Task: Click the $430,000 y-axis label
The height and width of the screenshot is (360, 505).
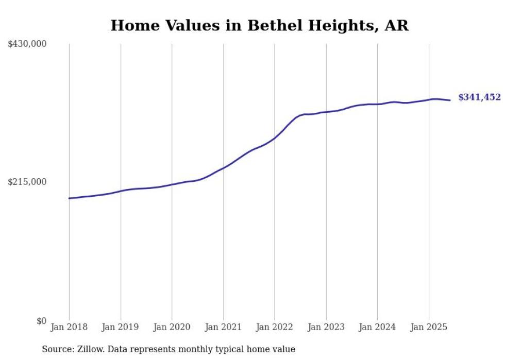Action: coord(27,44)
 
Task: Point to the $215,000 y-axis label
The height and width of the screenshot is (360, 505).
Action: coord(27,182)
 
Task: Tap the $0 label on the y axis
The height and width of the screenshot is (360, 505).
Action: coord(41,321)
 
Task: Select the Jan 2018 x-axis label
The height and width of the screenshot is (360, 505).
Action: coord(69,327)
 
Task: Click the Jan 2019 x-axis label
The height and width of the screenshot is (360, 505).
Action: coord(121,327)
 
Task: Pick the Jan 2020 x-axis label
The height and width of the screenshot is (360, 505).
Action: coord(172,327)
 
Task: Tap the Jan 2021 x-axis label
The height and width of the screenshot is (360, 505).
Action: coord(223,327)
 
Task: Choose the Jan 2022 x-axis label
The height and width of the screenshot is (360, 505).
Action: coord(275,327)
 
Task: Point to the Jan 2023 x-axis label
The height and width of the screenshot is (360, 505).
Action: coord(326,327)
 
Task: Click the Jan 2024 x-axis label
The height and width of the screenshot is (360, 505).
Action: coord(377,327)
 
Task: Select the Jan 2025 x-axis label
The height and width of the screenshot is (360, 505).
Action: coord(429,327)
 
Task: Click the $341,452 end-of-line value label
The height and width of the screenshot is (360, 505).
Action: coord(479,97)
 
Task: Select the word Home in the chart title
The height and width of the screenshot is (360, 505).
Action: coord(132,25)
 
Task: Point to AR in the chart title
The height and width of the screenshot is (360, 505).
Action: coord(397,25)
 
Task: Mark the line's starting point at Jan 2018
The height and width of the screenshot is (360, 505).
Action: coord(69,198)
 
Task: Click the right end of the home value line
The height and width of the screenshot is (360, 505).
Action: coord(450,100)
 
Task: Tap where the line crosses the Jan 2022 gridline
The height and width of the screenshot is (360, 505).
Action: coord(275,139)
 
